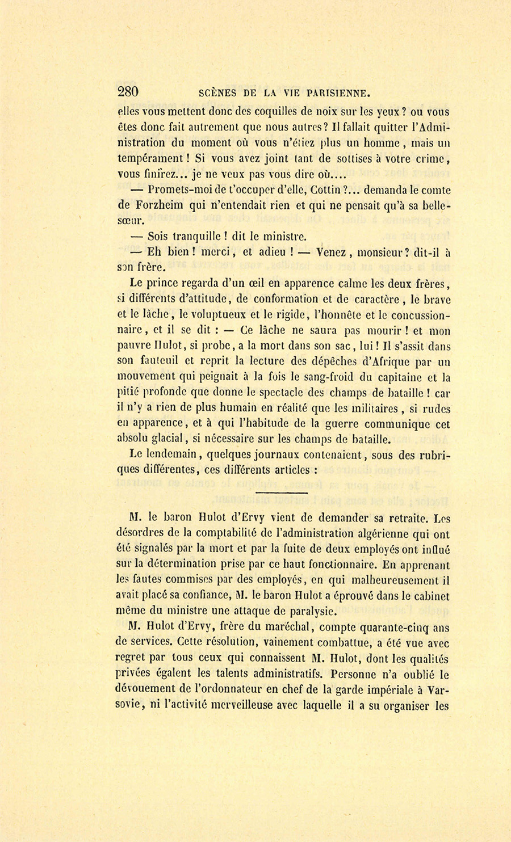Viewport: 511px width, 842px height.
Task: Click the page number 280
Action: coord(128,91)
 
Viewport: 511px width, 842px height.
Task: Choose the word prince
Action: coord(162,284)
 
